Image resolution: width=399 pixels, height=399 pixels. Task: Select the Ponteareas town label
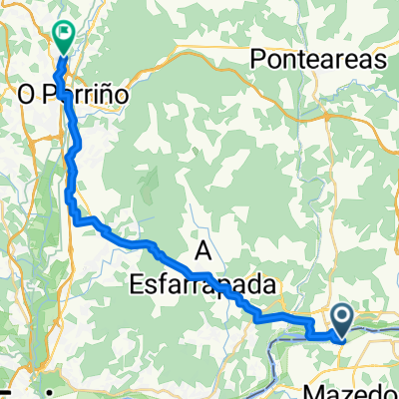(x=318, y=60)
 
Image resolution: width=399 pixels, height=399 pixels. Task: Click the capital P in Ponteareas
(x=259, y=60)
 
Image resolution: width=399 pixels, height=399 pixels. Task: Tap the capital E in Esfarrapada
(x=138, y=285)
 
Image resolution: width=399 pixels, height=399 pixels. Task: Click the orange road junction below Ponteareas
(x=316, y=97)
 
